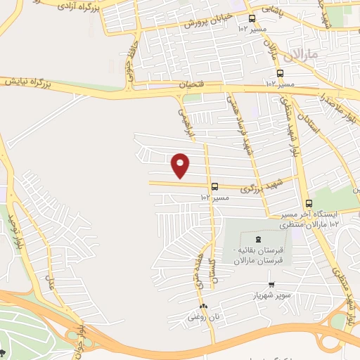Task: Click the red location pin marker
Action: point(181,165)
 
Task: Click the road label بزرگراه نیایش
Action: point(31,82)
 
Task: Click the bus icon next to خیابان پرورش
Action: point(252,18)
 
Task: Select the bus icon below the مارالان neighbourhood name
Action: point(281,73)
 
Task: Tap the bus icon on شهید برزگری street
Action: point(214,187)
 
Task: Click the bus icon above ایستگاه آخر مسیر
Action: point(309,203)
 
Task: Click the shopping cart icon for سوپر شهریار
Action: point(271,285)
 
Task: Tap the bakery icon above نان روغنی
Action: point(204,307)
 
